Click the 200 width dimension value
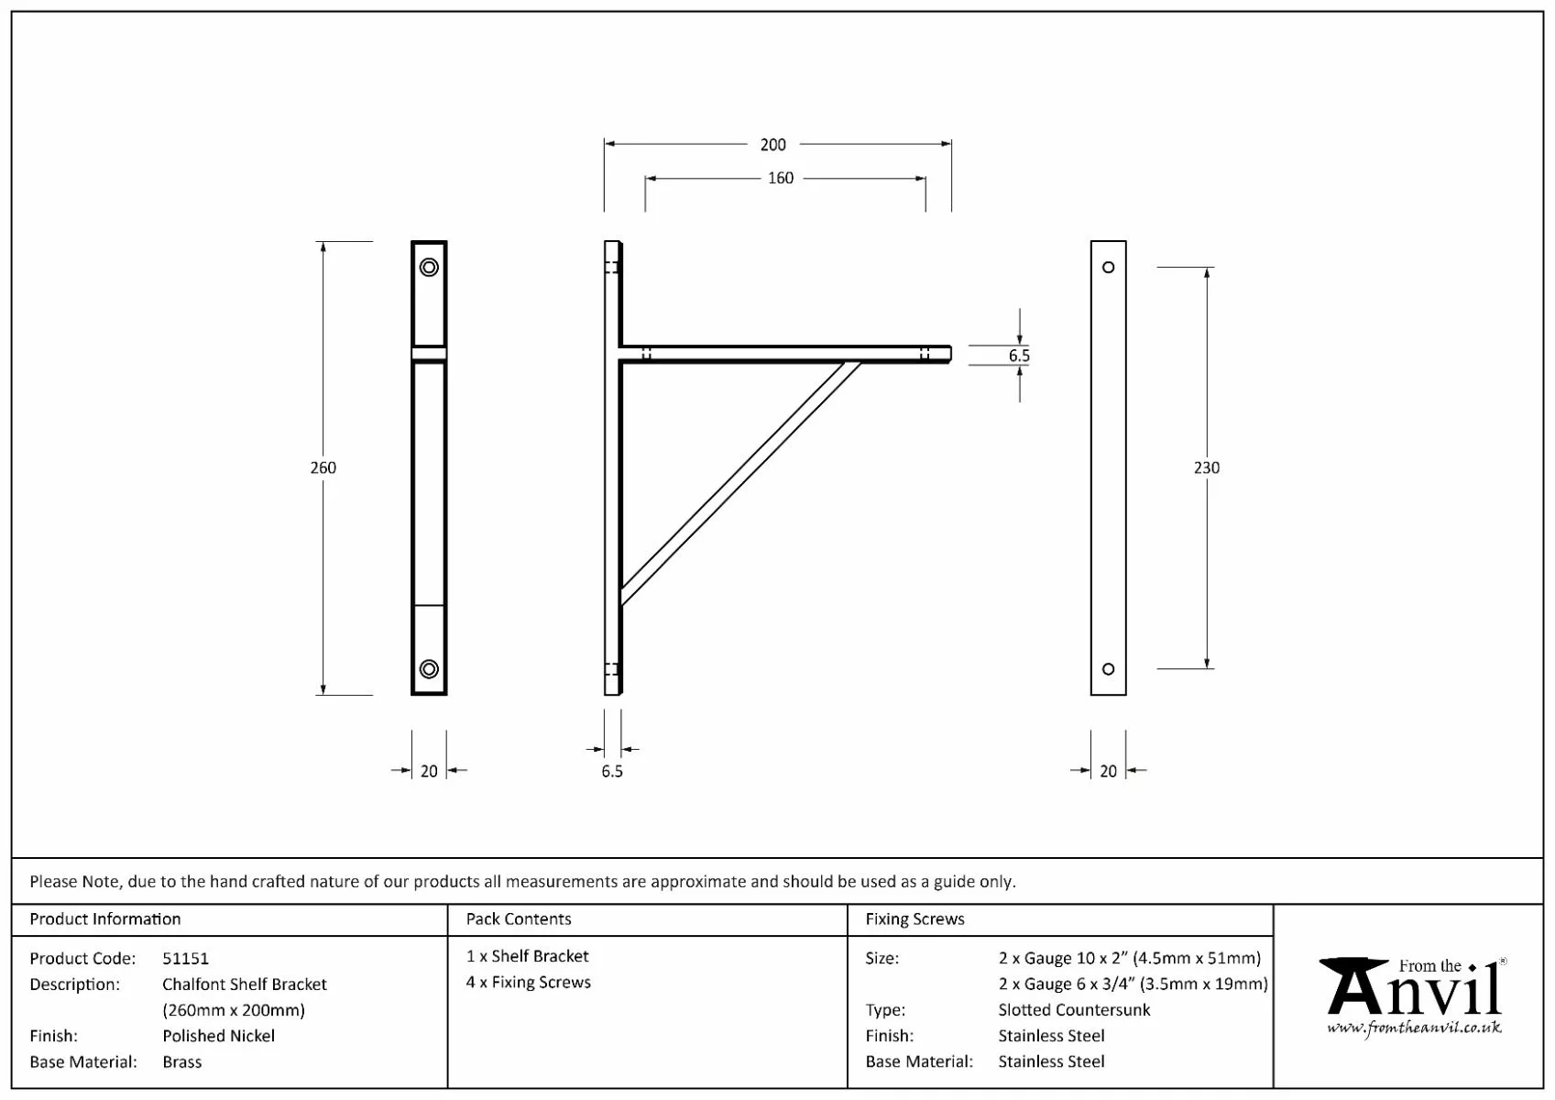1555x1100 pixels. tap(772, 145)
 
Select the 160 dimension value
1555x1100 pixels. tap(780, 179)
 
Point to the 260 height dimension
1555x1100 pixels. tap(323, 467)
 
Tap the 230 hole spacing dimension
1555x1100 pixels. tap(1206, 467)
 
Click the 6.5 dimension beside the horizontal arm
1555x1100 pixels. tap(1019, 356)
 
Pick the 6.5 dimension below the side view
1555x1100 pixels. tap(611, 772)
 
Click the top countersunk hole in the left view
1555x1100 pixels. tap(429, 268)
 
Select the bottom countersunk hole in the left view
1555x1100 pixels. tap(429, 669)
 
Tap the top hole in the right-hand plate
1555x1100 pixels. tap(1108, 268)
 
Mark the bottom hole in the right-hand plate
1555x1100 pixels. tap(1108, 669)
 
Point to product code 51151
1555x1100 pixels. tap(185, 959)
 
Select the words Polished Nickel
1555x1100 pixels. tap(218, 1036)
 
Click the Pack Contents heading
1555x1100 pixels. tap(518, 919)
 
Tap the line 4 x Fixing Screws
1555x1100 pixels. tap(528, 983)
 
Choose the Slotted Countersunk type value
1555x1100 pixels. tap(1074, 1010)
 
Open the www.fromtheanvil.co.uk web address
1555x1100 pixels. tap(1414, 1028)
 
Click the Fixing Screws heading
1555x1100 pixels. tap(914, 919)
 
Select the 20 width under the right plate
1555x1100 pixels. tap(1108, 772)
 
